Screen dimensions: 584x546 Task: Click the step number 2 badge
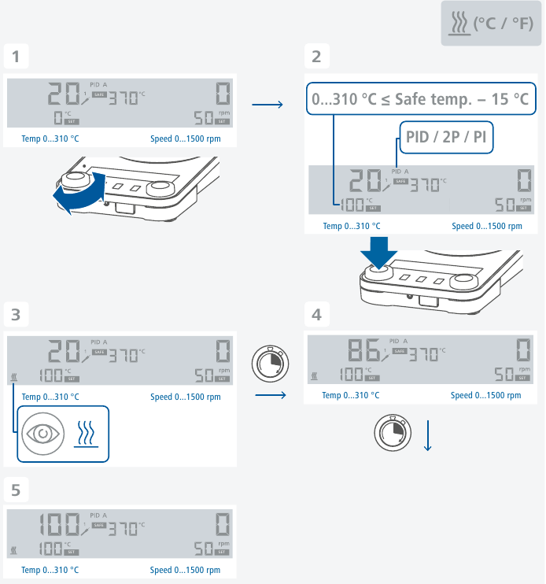(316, 57)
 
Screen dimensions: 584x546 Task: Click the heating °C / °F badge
(492, 24)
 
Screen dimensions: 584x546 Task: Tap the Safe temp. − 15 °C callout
(420, 99)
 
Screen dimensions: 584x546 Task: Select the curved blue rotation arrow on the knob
(77, 194)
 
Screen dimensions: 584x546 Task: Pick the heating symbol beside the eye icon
(84, 433)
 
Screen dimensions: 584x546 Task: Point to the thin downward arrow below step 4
(428, 436)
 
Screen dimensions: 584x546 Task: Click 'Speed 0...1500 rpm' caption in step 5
(185, 571)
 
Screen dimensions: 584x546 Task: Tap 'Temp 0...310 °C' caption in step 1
(50, 139)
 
